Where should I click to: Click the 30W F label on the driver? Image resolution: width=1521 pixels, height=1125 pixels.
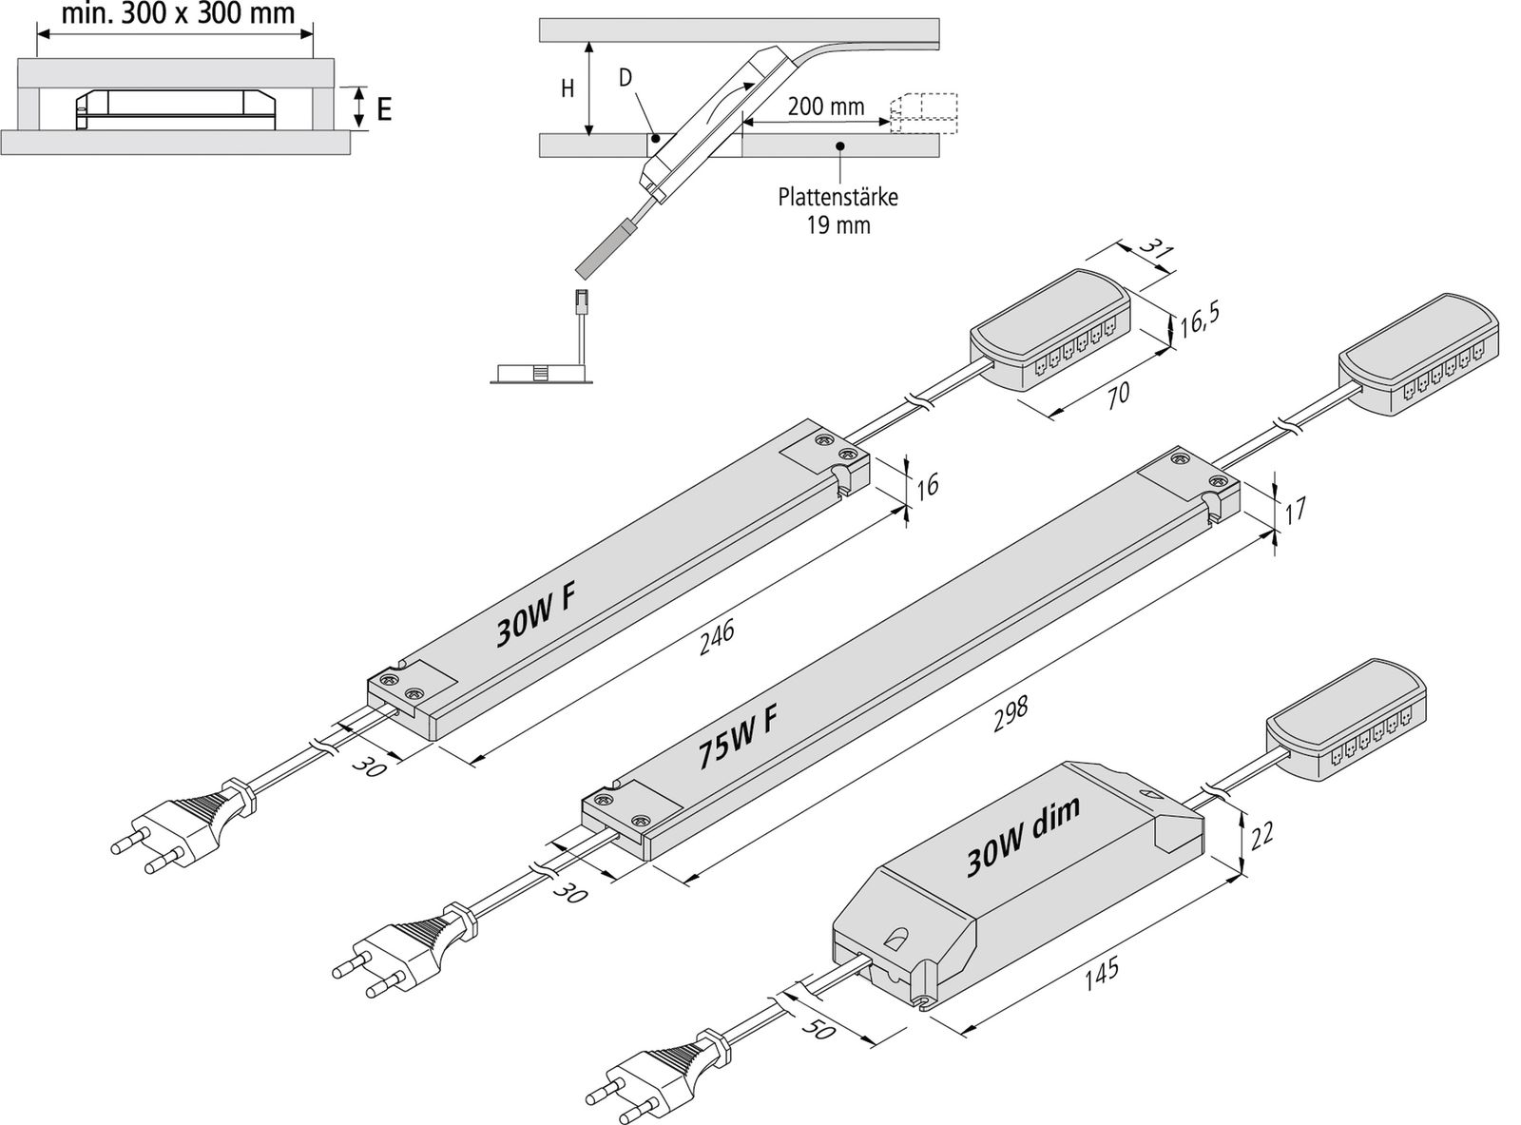click(537, 616)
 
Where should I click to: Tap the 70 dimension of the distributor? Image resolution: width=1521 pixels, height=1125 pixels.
click(1119, 391)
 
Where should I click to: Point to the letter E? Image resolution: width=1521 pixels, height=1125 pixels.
click(383, 109)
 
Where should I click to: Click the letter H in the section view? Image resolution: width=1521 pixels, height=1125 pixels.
click(568, 89)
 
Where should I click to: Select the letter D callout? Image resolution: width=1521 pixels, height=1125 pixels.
click(626, 78)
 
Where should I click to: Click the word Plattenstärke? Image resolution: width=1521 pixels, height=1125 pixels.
click(838, 198)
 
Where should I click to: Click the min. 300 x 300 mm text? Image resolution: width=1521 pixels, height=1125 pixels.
click(178, 12)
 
